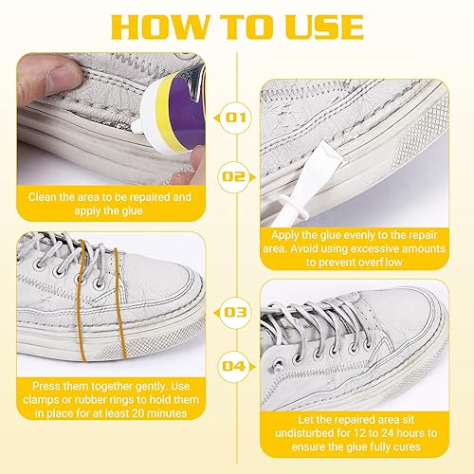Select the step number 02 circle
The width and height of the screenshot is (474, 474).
(234, 176)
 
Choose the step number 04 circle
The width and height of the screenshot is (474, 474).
(234, 367)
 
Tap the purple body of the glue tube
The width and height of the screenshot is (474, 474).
(187, 112)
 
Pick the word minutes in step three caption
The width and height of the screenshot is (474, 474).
(167, 413)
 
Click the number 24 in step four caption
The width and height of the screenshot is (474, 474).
(388, 433)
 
